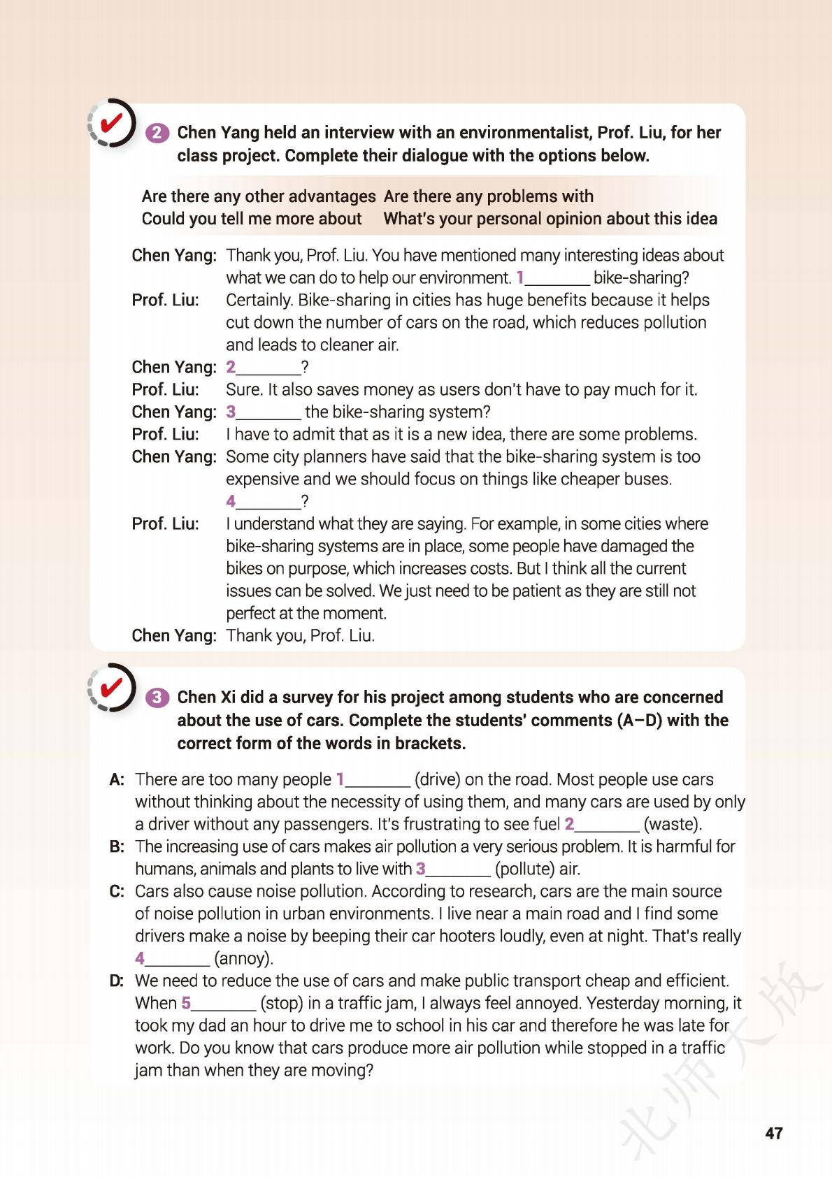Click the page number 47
coord(773,1133)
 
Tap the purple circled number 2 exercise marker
coord(158,133)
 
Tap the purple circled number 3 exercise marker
coord(158,698)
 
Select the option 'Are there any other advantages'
coord(258,196)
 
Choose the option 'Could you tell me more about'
coord(251,219)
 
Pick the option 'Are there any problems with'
coord(488,196)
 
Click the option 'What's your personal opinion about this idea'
coord(550,219)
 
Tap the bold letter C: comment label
coord(117,891)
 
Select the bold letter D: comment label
coord(117,981)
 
